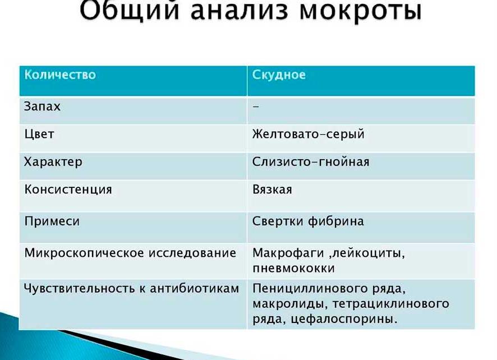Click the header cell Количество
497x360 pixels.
tap(60, 75)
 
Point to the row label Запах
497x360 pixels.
tap(42, 106)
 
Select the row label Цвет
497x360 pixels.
tap(39, 134)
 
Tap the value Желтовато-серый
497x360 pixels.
tap(308, 134)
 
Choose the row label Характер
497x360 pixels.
tap(53, 162)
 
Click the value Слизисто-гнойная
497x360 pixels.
tap(311, 162)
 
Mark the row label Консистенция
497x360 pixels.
tap(68, 190)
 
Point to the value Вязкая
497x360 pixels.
tap(272, 190)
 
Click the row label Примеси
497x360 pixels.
tap(52, 221)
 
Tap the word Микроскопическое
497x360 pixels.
tap(84, 253)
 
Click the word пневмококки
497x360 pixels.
tap(293, 268)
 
